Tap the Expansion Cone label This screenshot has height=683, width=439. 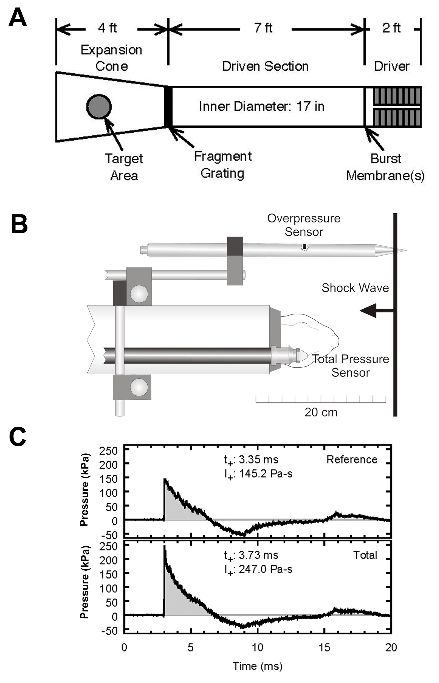point(112,58)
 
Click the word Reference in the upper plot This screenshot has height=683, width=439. point(352,459)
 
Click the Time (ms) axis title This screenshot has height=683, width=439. point(257,666)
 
